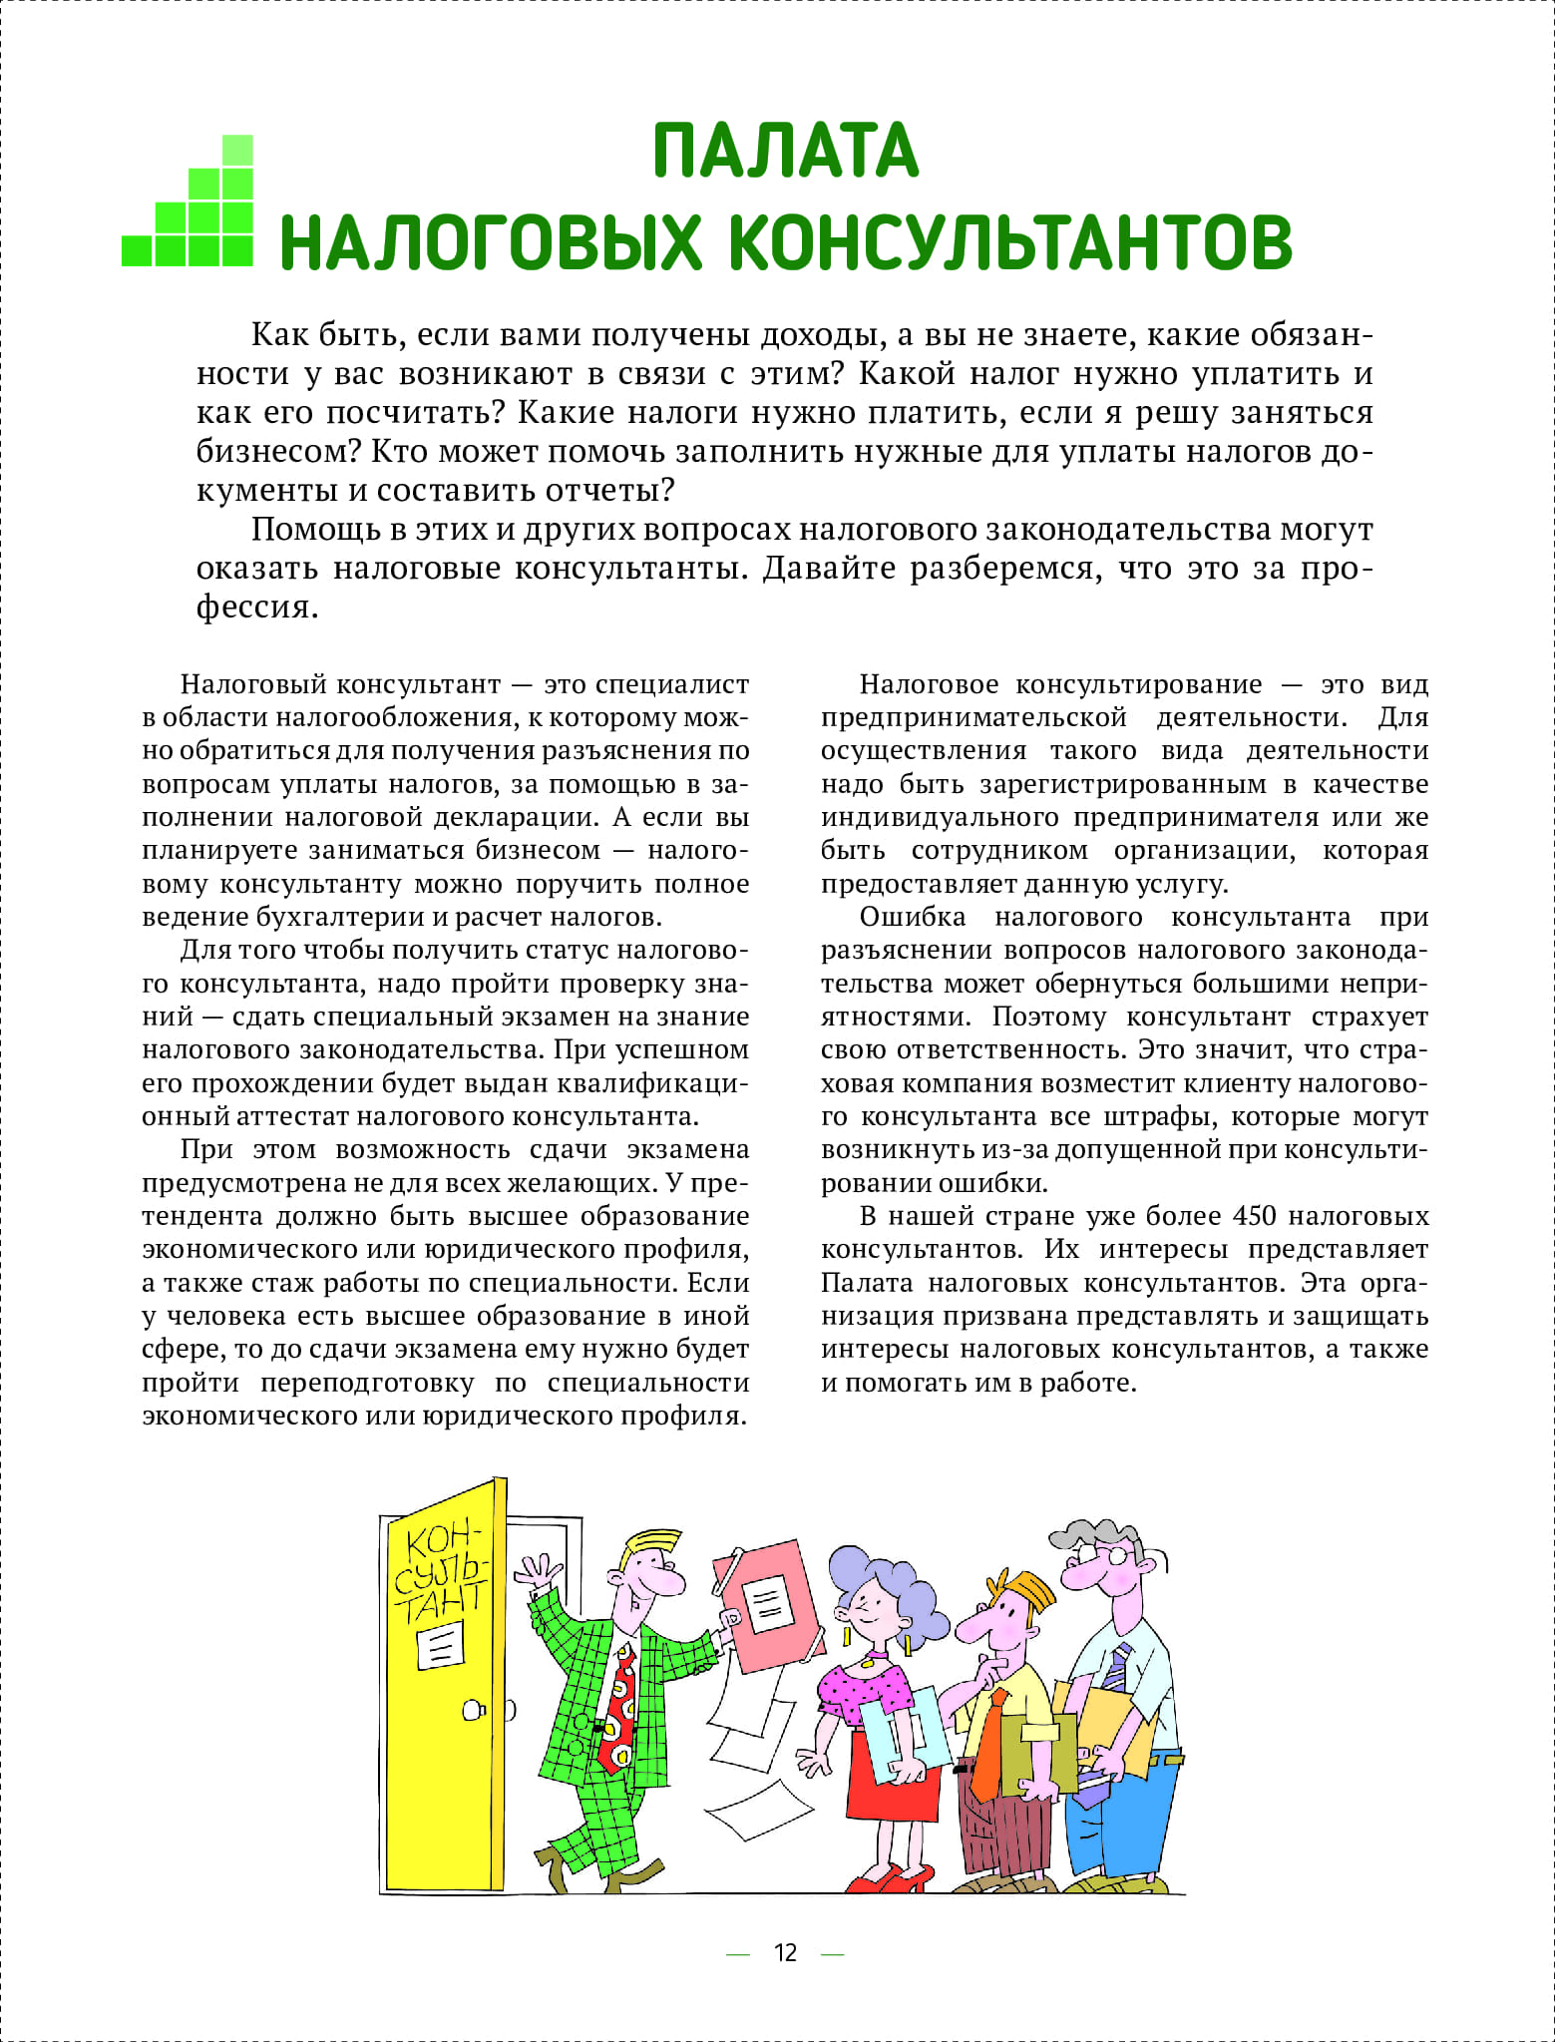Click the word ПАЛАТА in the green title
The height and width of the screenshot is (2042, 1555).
785,151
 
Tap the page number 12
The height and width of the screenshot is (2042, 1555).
785,1952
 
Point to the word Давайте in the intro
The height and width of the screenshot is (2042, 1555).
829,568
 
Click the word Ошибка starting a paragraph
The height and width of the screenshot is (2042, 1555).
912,917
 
